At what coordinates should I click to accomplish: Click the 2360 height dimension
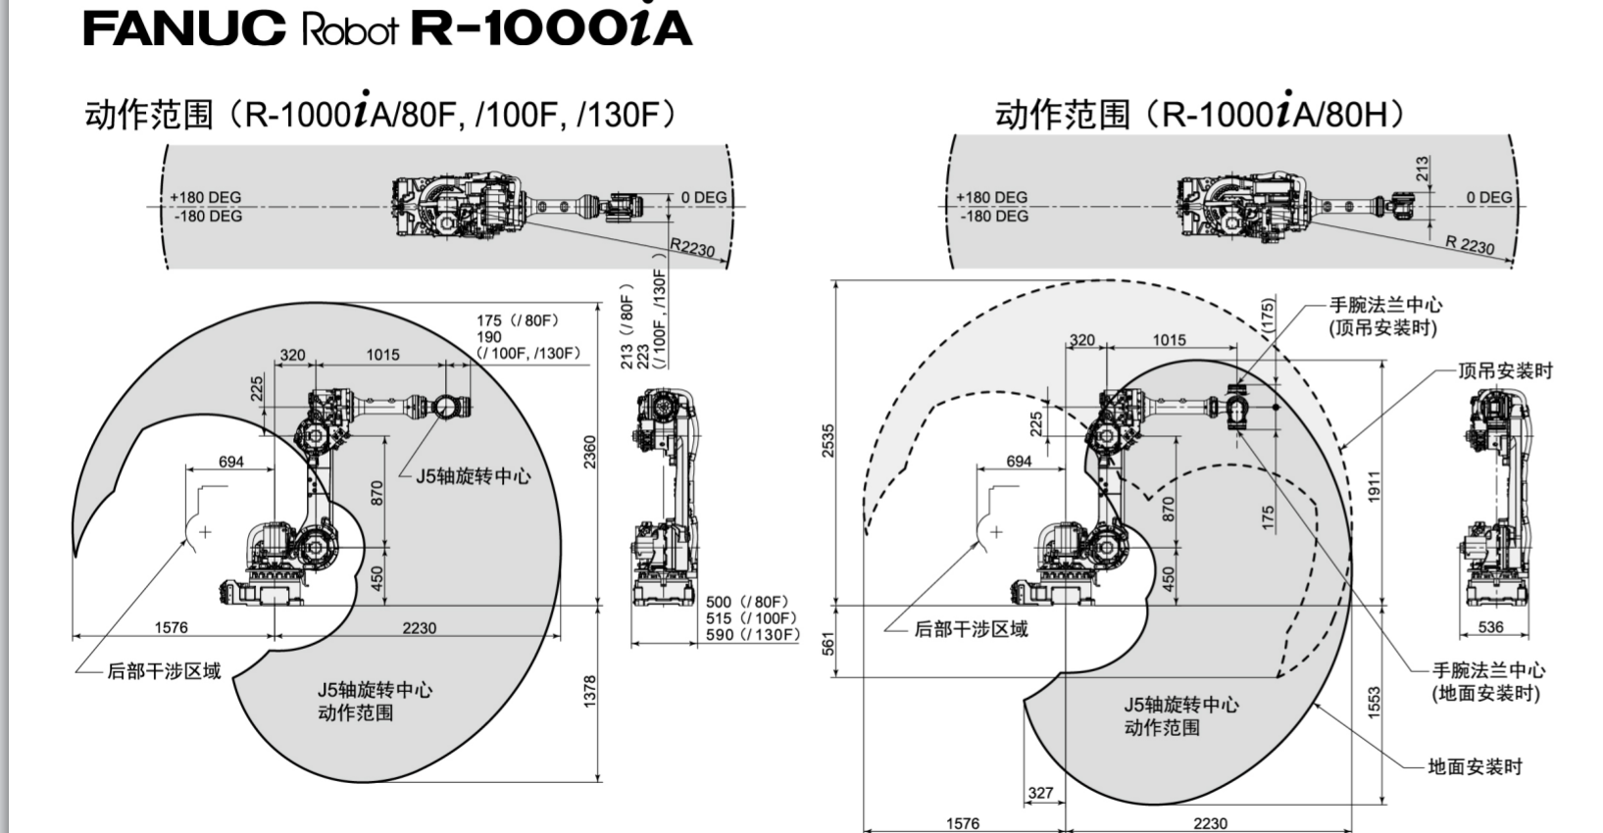(x=590, y=452)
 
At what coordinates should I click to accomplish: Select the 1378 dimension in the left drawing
(x=590, y=693)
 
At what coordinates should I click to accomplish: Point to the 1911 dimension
(x=1374, y=487)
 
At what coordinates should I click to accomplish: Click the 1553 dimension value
(x=1374, y=702)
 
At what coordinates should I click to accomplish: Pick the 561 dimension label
(x=828, y=643)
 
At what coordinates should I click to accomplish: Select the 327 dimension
(x=1041, y=793)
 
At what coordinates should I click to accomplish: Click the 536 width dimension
(x=1490, y=627)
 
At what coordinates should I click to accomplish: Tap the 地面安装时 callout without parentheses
(x=1476, y=766)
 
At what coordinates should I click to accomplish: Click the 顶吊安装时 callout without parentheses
(x=1505, y=370)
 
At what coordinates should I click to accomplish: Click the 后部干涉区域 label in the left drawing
(x=164, y=671)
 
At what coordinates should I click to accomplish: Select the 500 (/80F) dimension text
(x=747, y=602)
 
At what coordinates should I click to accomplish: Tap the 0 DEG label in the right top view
(x=1488, y=197)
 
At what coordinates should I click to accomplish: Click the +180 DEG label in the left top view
(x=206, y=197)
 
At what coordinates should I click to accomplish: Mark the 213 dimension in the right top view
(x=1423, y=169)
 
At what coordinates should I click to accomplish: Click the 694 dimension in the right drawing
(x=1020, y=461)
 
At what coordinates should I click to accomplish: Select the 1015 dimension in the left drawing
(x=382, y=355)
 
